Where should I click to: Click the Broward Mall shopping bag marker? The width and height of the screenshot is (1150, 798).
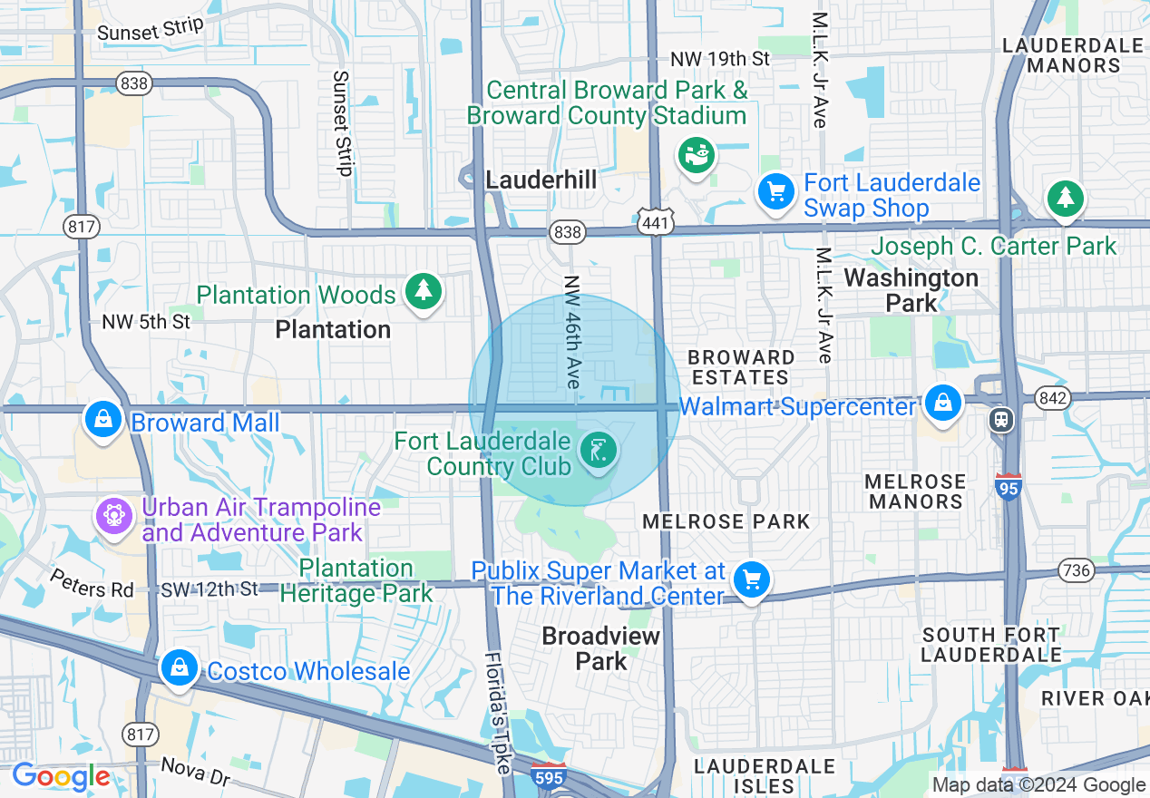104,419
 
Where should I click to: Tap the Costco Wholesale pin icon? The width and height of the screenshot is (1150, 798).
179,668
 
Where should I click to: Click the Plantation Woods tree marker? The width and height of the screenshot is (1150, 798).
423,291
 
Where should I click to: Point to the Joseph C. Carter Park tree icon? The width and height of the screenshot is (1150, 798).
1065,197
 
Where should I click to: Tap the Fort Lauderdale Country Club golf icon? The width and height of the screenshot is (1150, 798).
599,451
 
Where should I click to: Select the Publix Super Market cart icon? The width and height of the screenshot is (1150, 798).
752,579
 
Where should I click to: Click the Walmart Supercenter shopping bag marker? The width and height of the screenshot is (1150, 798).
943,402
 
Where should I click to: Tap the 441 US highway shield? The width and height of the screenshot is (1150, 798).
653,220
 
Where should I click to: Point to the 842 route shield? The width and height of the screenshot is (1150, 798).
1053,397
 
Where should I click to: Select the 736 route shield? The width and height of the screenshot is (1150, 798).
1077,570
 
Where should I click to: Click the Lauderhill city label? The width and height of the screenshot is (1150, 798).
541,180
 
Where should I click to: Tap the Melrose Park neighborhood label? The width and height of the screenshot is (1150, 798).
726,521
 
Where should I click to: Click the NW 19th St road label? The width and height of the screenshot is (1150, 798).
720,59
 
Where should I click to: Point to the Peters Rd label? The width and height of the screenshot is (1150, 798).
92,583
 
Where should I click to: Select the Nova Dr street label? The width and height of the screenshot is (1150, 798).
195,773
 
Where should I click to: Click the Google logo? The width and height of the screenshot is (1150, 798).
60,776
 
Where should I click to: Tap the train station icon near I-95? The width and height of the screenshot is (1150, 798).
1001,419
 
